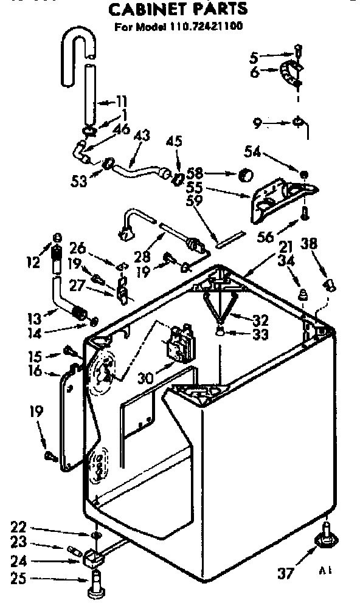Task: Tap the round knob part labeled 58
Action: [x=244, y=176]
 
